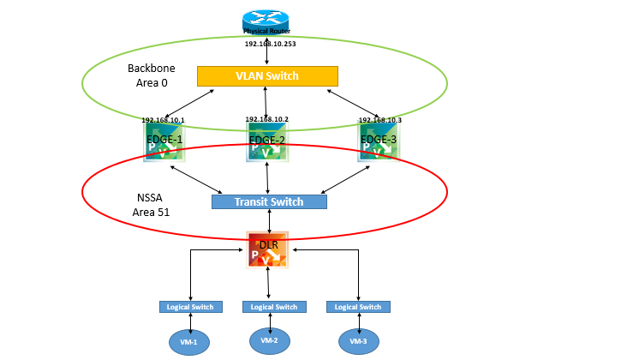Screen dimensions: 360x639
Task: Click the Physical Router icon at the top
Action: pos(267,21)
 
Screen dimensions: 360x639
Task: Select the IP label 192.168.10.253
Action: pos(267,43)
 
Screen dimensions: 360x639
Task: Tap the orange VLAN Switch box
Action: pos(267,76)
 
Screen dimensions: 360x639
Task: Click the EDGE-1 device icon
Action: pos(164,141)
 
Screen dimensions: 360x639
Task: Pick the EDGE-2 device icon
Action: pos(267,141)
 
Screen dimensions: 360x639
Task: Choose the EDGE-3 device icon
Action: pos(379,141)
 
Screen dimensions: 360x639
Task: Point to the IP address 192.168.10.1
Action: pos(163,120)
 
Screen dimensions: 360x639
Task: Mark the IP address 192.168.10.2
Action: pos(267,119)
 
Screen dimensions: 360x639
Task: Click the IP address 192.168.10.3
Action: pos(379,120)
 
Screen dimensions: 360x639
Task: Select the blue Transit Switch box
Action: pos(269,202)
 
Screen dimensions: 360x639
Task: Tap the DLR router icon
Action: pos(269,249)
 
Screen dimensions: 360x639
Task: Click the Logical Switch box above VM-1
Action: pos(191,306)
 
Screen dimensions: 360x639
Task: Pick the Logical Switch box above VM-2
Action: pos(274,306)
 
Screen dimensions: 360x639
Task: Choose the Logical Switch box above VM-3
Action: pos(358,306)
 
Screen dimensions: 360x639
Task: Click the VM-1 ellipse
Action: pos(189,342)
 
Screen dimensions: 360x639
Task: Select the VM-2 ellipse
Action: pos(270,340)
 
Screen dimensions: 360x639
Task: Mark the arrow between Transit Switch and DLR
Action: pos(270,220)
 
